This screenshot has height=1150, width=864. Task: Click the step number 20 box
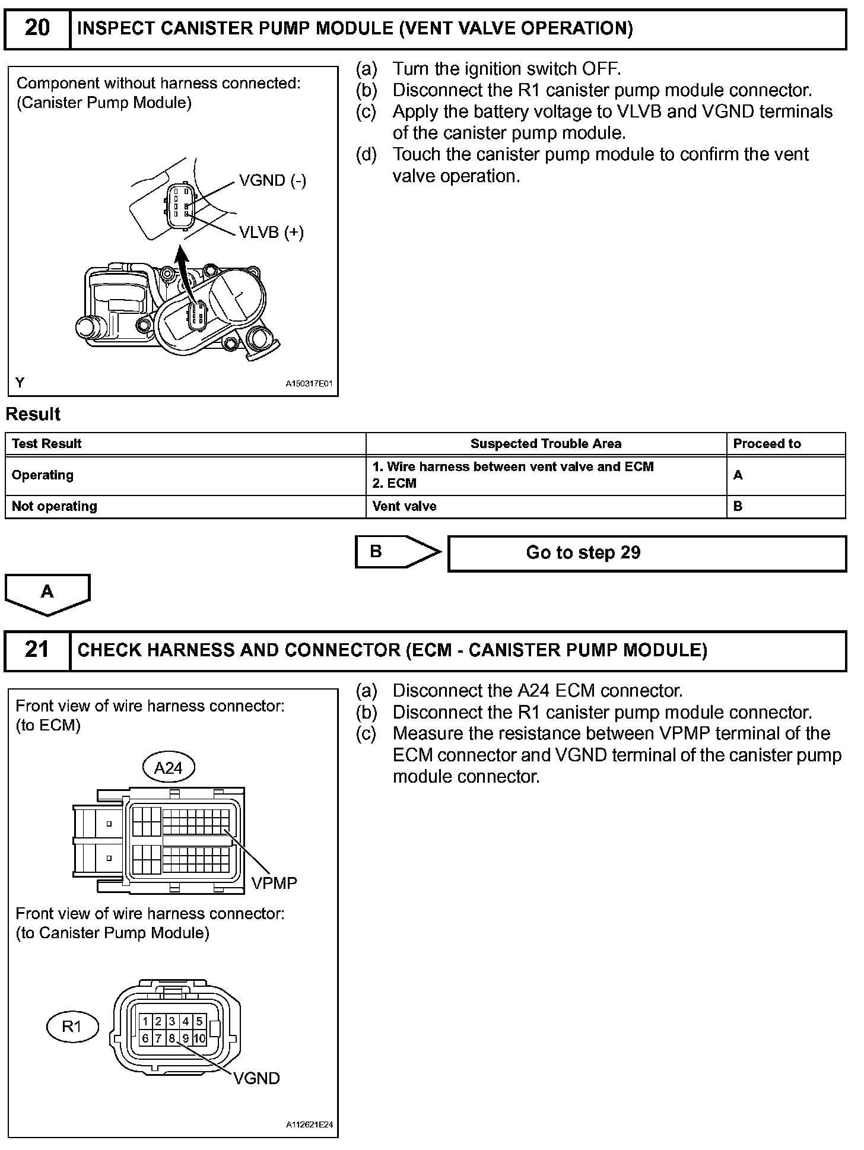click(37, 28)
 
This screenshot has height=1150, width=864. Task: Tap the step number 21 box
click(37, 650)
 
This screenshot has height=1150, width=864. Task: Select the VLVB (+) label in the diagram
click(271, 232)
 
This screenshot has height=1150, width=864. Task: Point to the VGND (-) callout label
click(272, 180)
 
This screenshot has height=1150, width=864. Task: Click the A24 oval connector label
click(168, 768)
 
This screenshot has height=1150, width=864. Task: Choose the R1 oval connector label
click(72, 1026)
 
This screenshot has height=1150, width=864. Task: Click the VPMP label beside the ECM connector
click(274, 883)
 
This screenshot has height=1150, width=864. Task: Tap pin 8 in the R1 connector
click(172, 1038)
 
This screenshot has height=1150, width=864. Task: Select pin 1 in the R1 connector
click(145, 1021)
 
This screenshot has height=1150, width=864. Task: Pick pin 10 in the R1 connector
click(199, 1038)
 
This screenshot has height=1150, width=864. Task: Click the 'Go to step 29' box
click(647, 553)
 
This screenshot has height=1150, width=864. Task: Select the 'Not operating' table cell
click(55, 507)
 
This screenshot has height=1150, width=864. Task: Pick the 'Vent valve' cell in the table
click(405, 507)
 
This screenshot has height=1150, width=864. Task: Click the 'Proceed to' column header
click(767, 444)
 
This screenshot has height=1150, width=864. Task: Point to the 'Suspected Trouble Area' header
click(545, 444)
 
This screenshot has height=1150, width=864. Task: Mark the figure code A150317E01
click(309, 383)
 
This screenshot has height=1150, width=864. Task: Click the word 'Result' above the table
click(33, 414)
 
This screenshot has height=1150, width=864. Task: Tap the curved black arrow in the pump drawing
click(184, 273)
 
